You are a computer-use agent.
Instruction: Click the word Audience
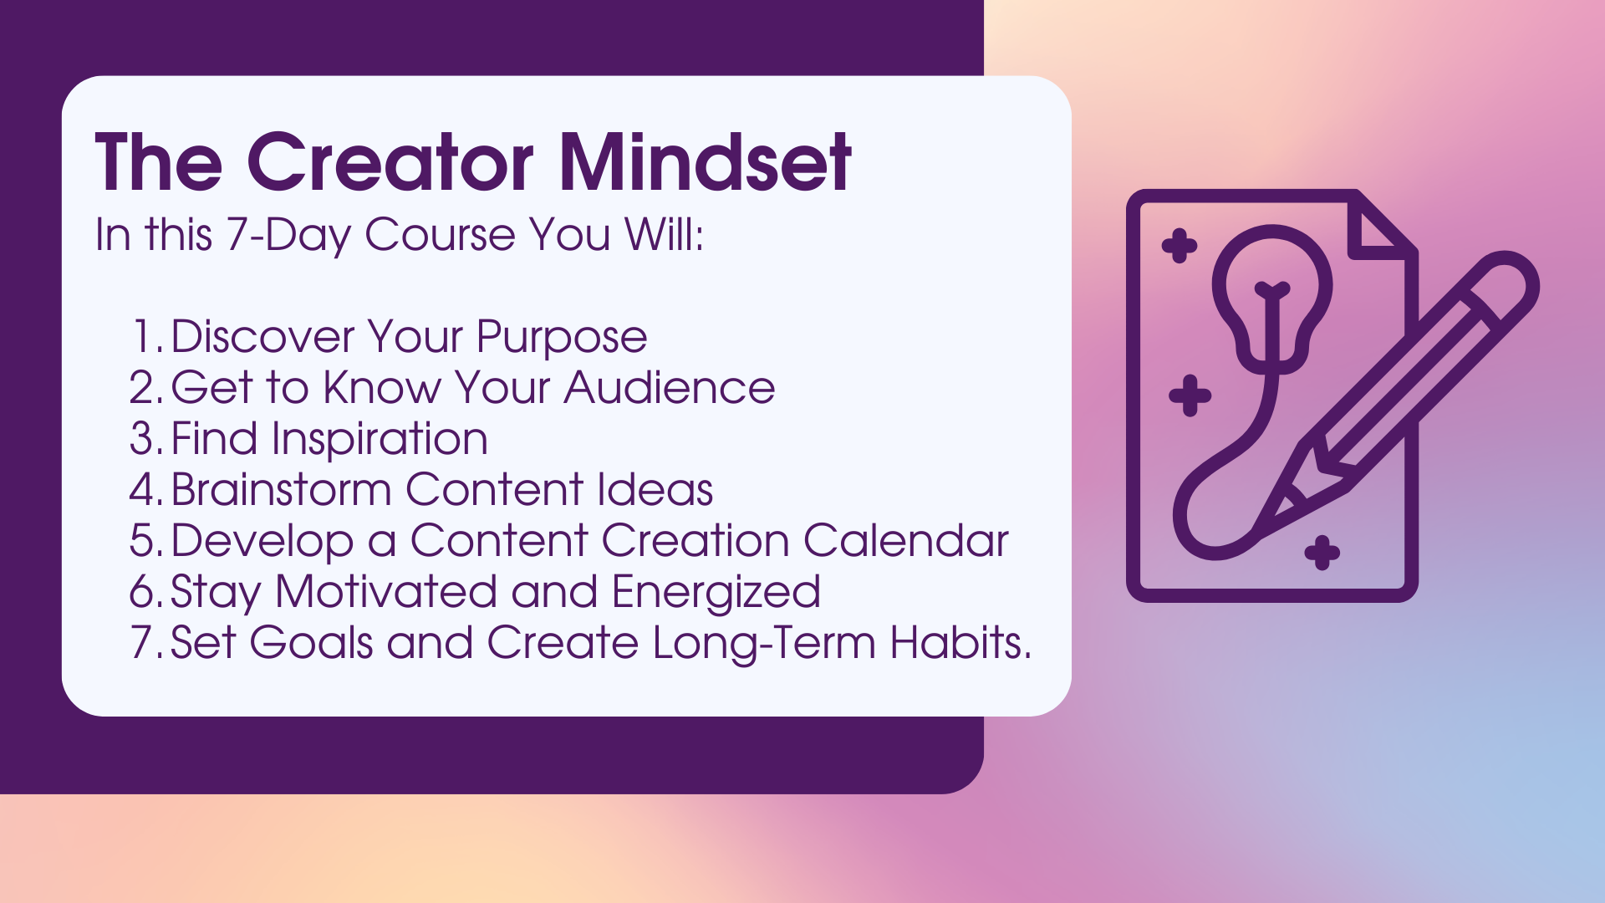(670, 388)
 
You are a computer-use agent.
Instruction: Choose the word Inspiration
(380, 441)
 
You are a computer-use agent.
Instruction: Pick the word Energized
(716, 594)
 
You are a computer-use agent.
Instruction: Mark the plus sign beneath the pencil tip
(1322, 553)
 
